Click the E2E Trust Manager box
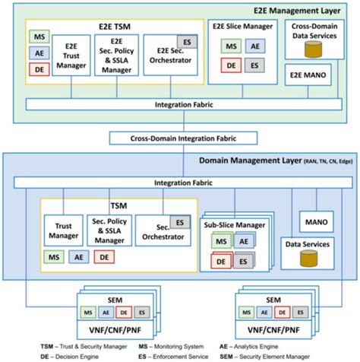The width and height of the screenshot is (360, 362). pos(72,56)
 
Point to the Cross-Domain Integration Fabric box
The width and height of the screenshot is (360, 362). pos(180,138)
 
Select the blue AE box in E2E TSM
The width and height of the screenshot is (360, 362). pos(39,53)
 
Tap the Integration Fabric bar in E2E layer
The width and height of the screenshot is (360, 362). pos(180,103)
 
